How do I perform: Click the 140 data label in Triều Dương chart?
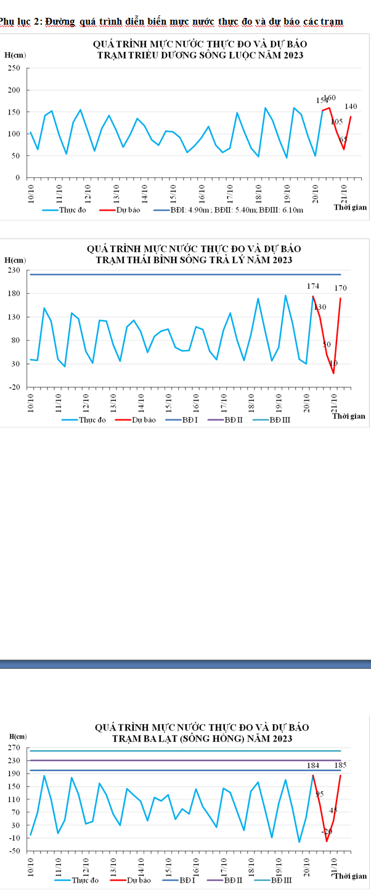[351, 107]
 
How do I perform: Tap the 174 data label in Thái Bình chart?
[313, 286]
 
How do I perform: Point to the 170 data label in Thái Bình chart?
[341, 288]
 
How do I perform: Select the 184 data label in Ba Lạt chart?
[313, 765]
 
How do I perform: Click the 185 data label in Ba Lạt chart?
[341, 764]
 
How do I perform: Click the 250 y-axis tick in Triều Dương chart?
[14, 68]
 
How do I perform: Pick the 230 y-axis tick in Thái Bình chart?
[14, 270]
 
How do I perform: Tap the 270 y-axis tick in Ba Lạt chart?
[14, 748]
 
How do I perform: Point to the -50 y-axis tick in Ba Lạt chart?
[14, 851]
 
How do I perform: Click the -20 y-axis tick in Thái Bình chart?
[14, 387]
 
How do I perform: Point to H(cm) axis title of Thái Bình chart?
[15, 261]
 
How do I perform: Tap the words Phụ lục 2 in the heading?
[20, 22]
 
